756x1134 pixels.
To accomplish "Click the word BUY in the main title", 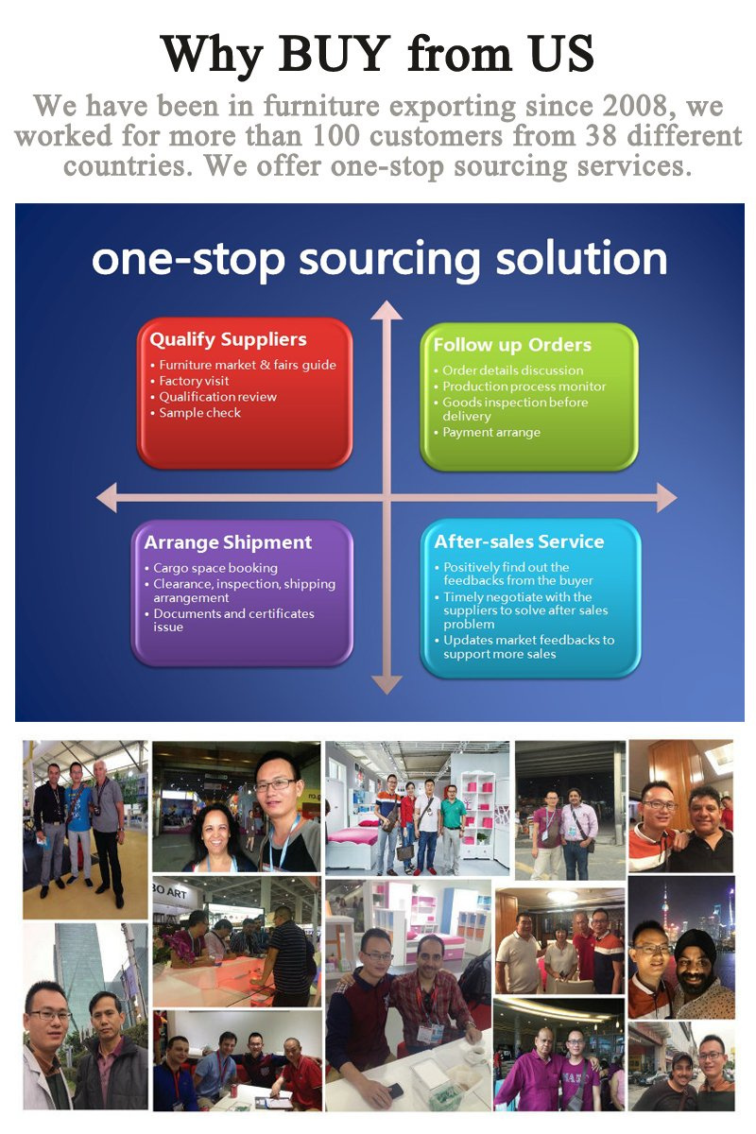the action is click(335, 54).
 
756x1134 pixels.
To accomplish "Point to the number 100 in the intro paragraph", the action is click(336, 136).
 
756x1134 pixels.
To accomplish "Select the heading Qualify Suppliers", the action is click(228, 339).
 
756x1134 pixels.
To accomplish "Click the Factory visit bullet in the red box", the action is click(194, 381).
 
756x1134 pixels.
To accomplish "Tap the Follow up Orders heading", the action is click(512, 345).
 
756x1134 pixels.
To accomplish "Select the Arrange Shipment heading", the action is click(228, 542).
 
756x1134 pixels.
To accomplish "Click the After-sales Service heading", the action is click(519, 541).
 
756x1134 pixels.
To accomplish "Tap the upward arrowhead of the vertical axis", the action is click(387, 310).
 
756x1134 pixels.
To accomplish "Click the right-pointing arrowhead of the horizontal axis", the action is click(666, 498).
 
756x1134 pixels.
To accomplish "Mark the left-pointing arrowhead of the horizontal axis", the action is click(107, 498).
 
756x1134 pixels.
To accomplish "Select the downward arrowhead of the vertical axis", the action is click(387, 684).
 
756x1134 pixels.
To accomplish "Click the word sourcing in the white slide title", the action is click(389, 259).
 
